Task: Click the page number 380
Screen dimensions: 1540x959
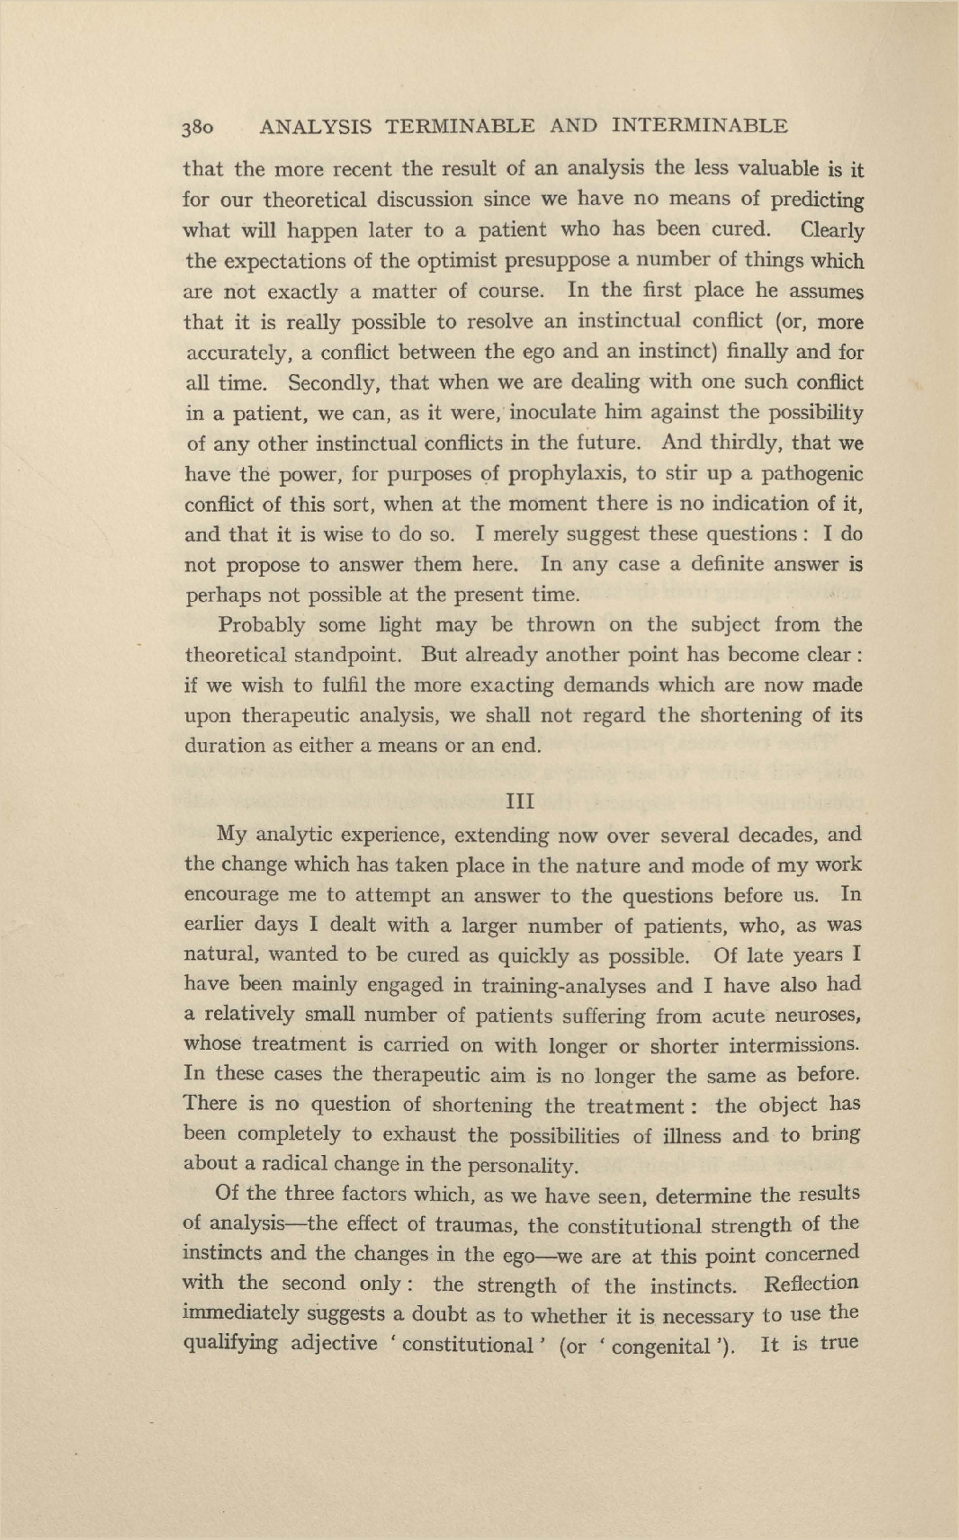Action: click(198, 128)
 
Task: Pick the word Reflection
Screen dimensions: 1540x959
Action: click(810, 1285)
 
